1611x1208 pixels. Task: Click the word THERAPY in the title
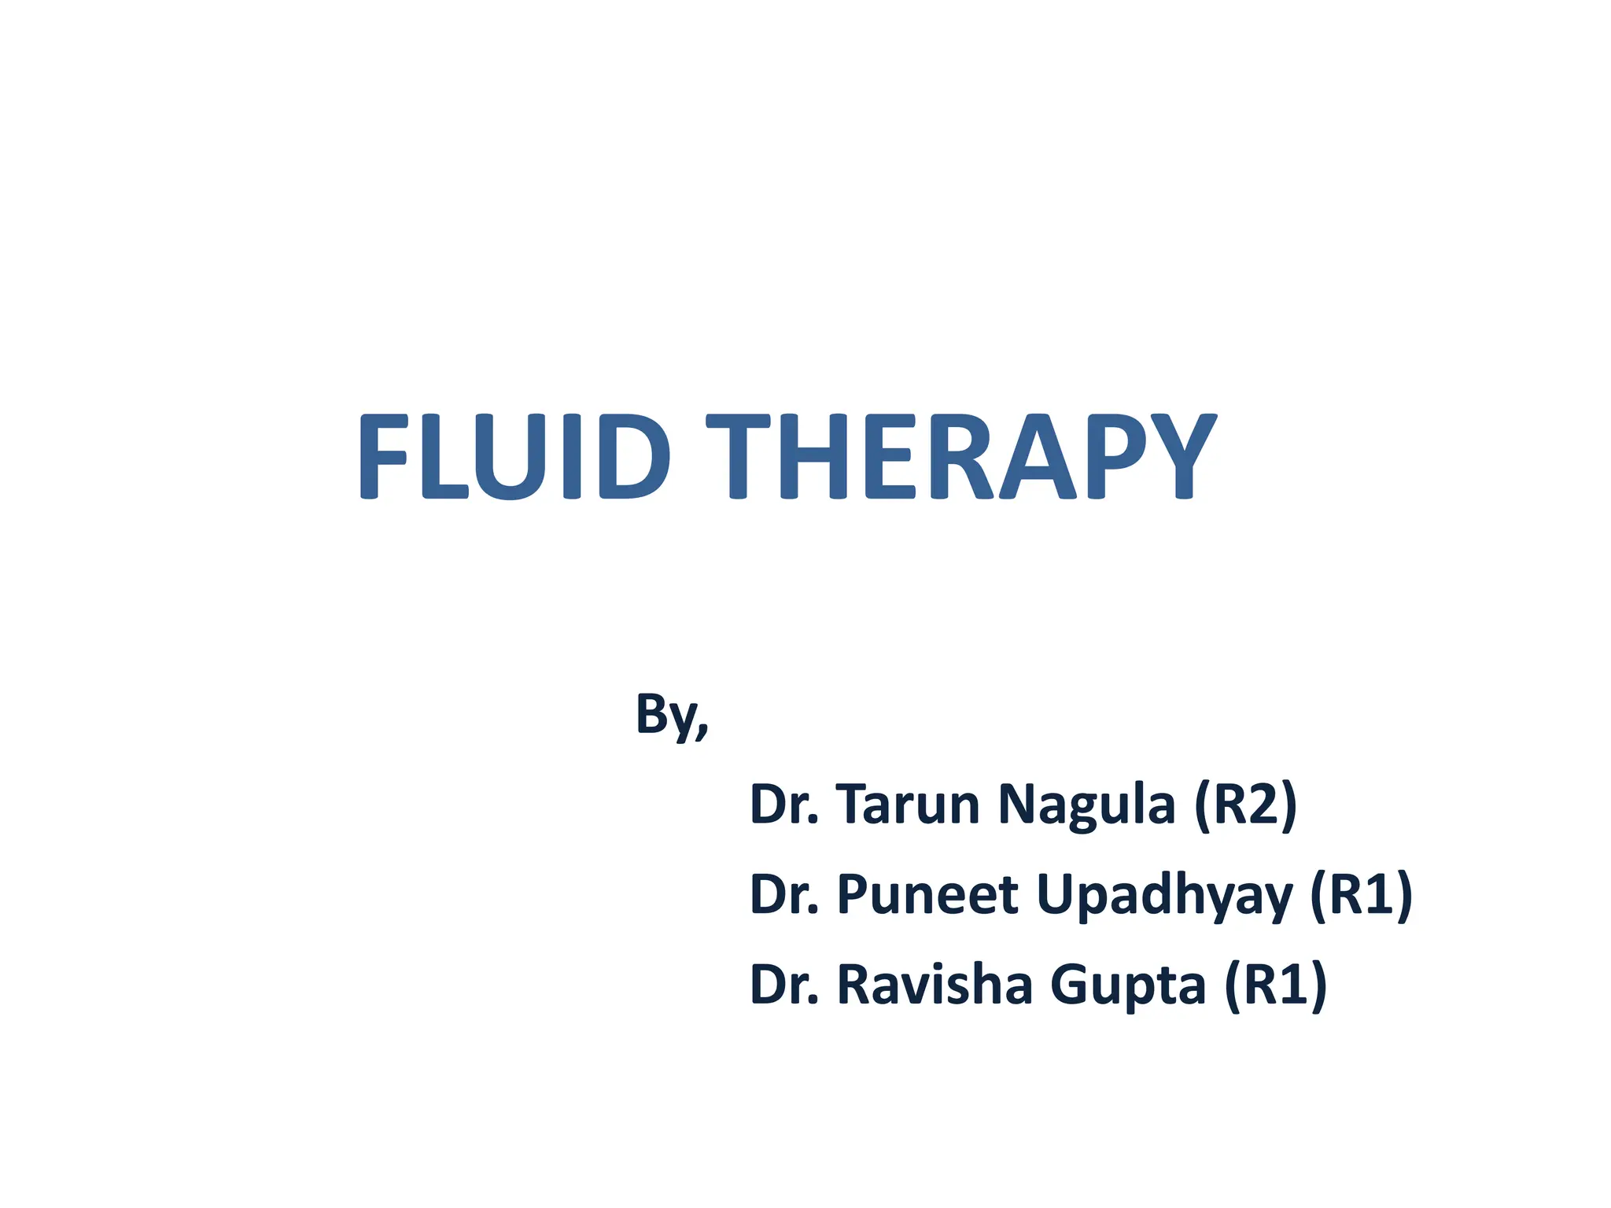(961, 457)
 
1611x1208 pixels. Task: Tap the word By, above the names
(671, 714)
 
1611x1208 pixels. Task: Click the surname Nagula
(1086, 804)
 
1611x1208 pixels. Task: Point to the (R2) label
(1245, 804)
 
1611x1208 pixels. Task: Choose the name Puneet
(927, 894)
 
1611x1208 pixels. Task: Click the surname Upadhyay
(1165, 896)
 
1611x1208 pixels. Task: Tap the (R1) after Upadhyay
(1361, 894)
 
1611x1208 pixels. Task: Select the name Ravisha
(934, 984)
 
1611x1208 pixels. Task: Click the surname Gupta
(1127, 985)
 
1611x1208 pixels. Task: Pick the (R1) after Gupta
(1275, 984)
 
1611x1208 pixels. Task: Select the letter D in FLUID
(633, 457)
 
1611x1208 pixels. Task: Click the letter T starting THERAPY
(737, 457)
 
